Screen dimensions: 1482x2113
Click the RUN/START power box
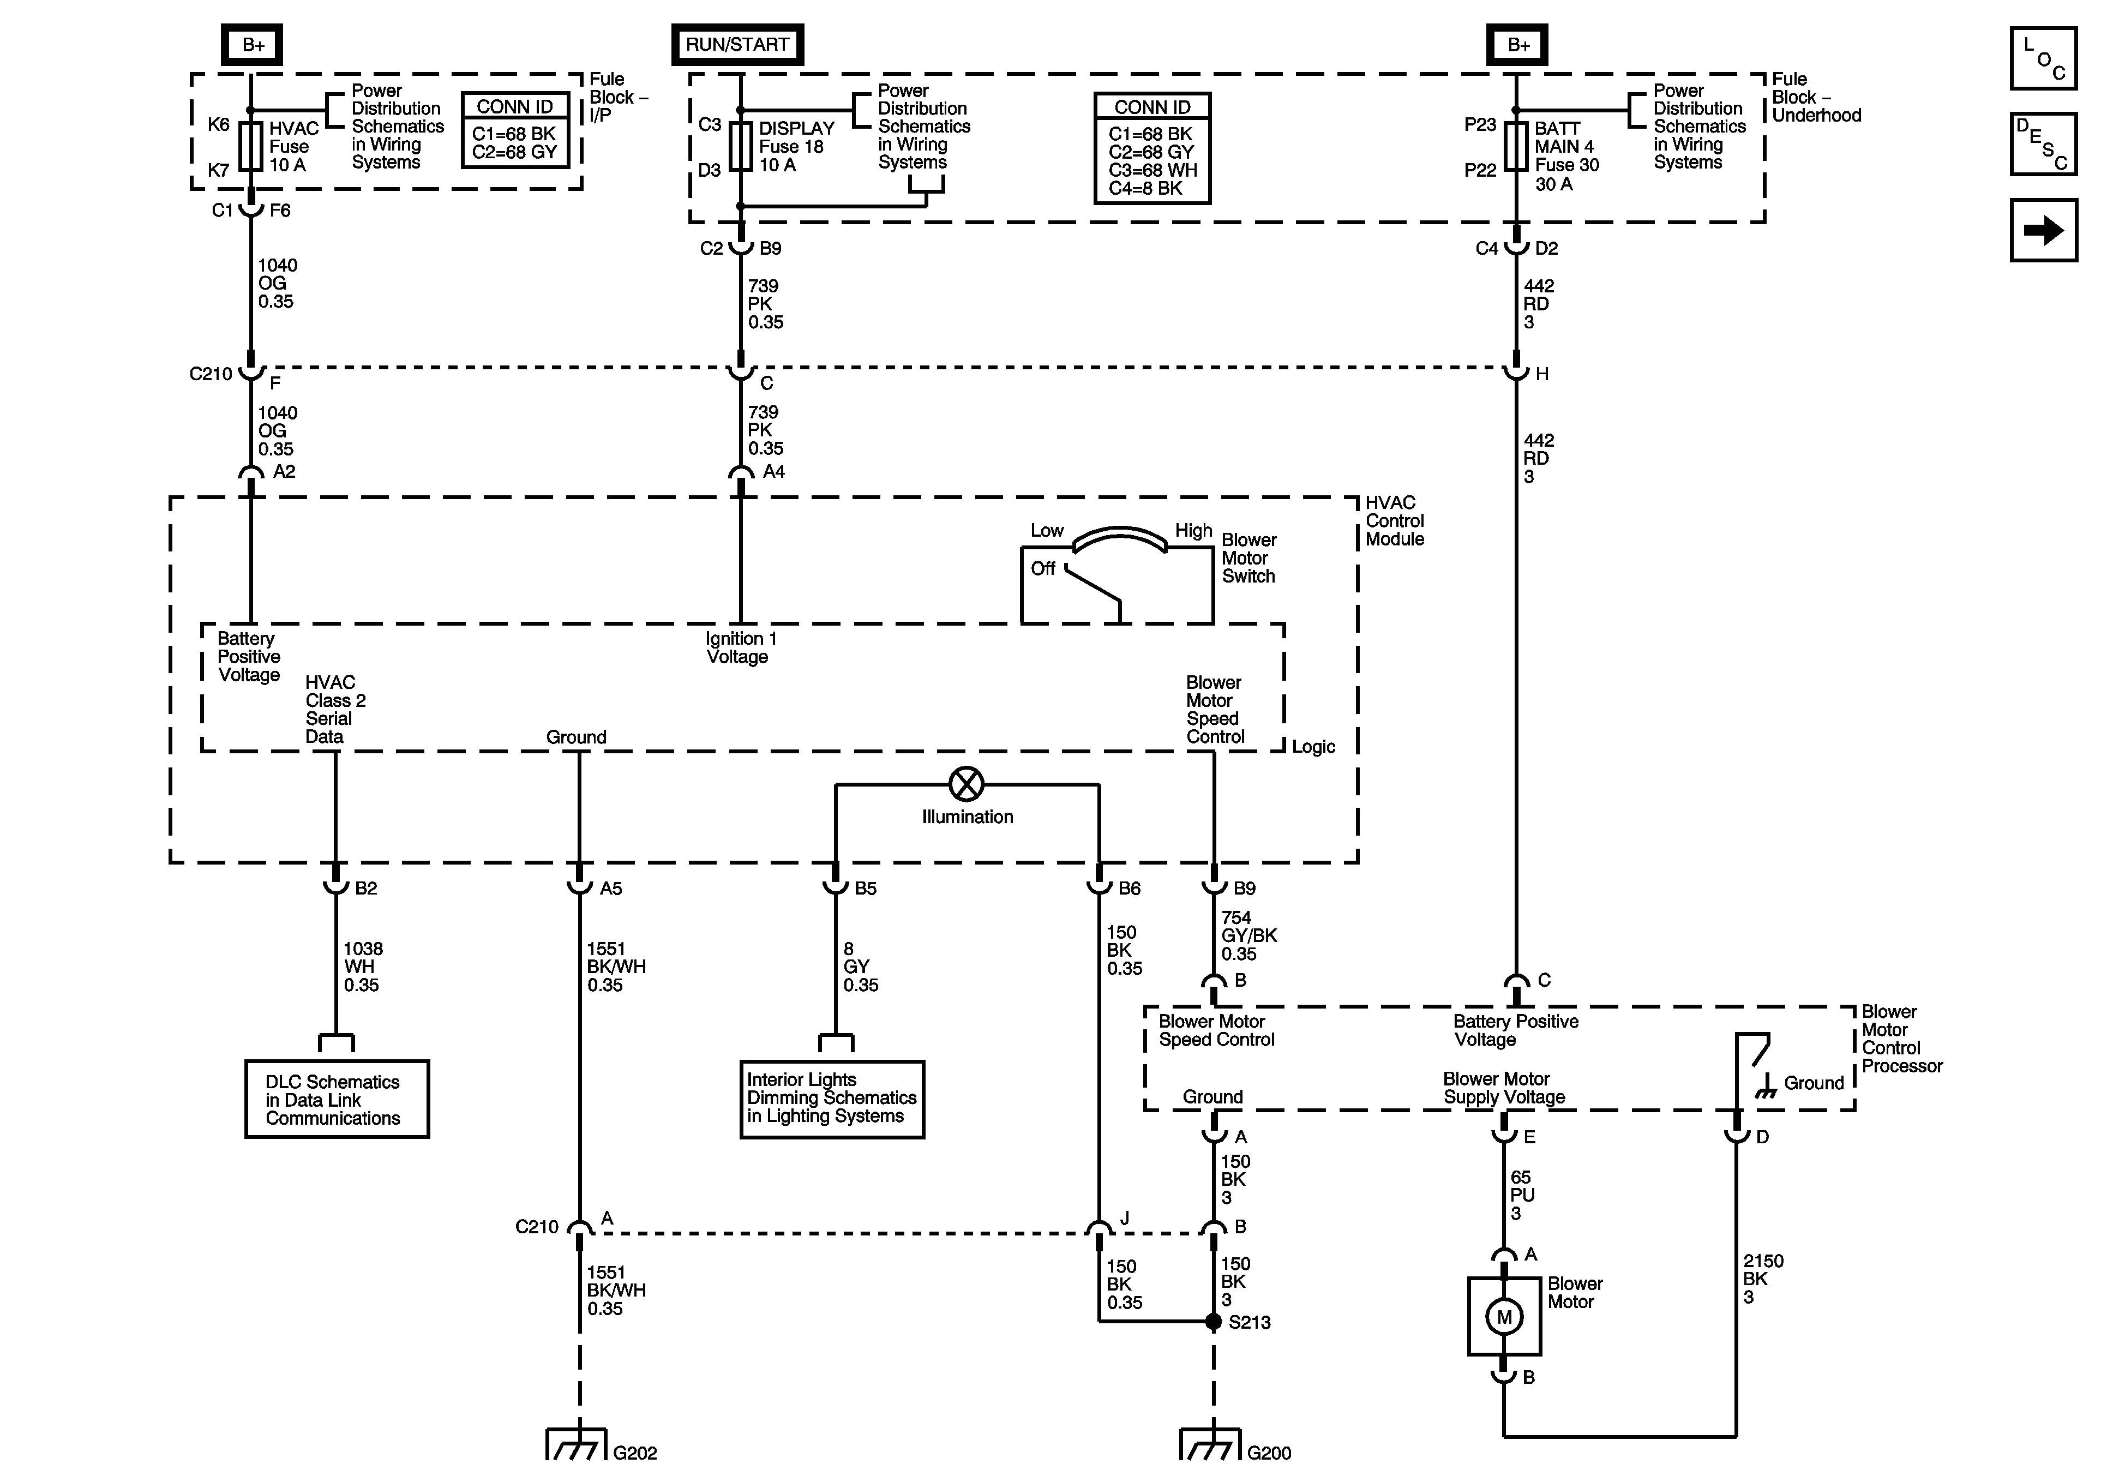tap(737, 44)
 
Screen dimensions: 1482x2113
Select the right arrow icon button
tap(2043, 230)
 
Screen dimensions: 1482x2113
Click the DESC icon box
tap(2043, 143)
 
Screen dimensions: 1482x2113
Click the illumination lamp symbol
tap(967, 784)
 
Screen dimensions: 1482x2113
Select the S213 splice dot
tap(1214, 1322)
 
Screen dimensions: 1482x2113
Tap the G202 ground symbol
tap(577, 1444)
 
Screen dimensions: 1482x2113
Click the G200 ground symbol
tap(1211, 1444)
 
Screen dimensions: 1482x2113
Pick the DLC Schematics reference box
tap(337, 1100)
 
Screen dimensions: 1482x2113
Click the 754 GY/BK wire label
tap(1249, 935)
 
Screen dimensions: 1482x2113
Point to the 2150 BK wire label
tap(1762, 1279)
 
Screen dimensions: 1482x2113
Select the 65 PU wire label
tap(1521, 1195)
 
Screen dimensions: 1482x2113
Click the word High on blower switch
tap(1193, 531)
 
